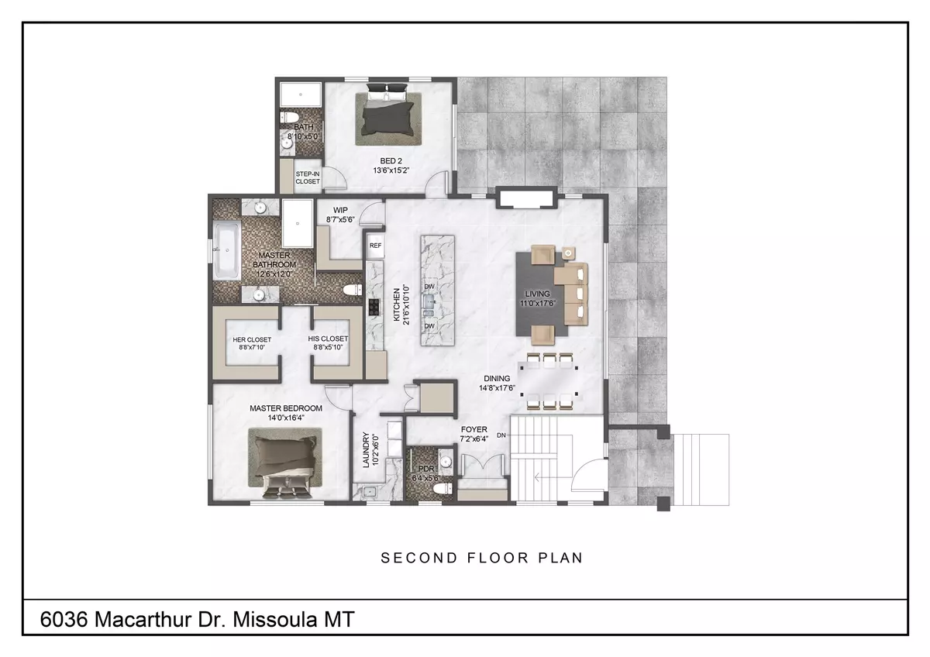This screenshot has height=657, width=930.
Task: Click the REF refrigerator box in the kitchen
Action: (375, 246)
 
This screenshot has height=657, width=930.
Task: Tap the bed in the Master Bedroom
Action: (284, 463)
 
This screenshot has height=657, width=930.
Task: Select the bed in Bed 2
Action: (389, 118)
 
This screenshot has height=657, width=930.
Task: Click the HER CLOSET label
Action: (252, 339)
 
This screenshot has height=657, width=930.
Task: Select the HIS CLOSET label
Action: (328, 339)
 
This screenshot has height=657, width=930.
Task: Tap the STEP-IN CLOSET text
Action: (308, 177)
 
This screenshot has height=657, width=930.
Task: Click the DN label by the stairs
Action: (501, 435)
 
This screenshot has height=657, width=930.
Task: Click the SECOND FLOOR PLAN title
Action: (481, 558)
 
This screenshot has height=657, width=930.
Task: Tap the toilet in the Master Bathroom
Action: (351, 290)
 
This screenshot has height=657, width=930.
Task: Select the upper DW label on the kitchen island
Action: (429, 287)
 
